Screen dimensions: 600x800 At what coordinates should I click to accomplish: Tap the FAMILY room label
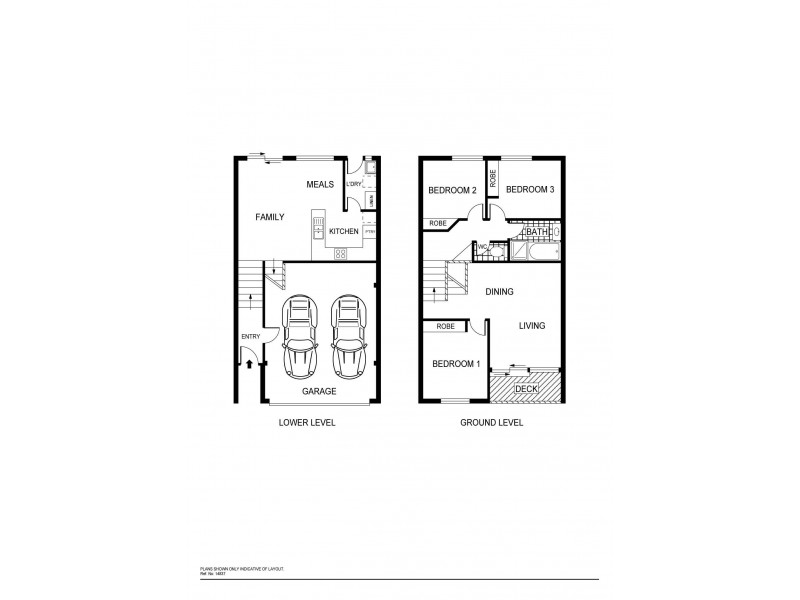tap(270, 216)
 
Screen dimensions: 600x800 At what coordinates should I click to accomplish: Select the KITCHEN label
tap(344, 232)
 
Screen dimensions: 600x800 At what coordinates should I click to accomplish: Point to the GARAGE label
tap(320, 391)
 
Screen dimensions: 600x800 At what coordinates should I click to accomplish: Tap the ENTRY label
tap(249, 336)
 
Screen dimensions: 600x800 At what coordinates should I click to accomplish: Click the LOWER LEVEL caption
tap(306, 423)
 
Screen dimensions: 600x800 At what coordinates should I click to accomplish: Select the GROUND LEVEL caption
tap(491, 423)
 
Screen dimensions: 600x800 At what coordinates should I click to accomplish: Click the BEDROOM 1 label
tap(456, 364)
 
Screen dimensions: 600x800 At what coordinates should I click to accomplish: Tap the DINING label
tap(499, 292)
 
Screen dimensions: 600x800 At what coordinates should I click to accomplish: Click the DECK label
tap(526, 388)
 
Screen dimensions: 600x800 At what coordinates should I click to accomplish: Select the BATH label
tap(538, 232)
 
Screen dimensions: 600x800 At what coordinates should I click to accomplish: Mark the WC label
tap(482, 246)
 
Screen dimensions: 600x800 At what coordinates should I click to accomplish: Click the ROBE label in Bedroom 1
tap(446, 326)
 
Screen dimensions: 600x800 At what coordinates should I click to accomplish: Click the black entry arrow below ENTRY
tap(248, 363)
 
